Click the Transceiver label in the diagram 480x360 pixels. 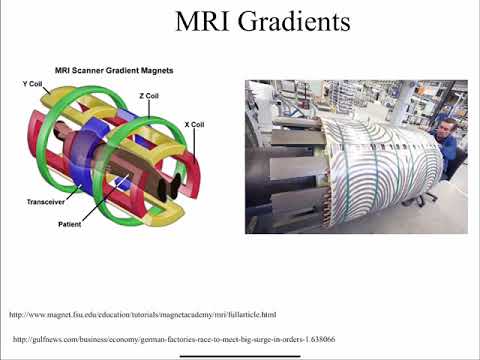(x=46, y=201)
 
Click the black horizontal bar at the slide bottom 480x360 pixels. (x=240, y=354)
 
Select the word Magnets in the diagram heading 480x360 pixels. (x=156, y=70)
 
